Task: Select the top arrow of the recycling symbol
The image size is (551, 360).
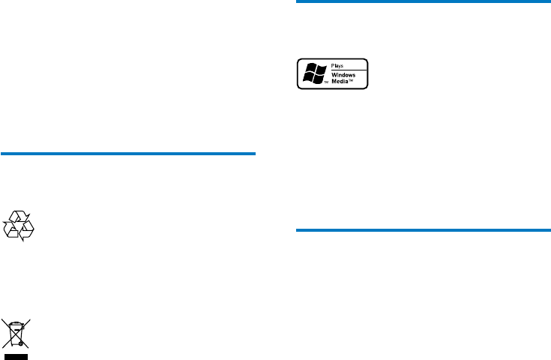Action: click(x=19, y=217)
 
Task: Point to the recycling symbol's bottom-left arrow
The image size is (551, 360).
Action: click(x=11, y=232)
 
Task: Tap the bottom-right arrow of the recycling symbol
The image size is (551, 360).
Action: click(x=27, y=232)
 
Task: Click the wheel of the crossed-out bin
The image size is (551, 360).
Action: click(x=23, y=343)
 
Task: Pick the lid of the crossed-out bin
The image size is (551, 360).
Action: click(x=17, y=324)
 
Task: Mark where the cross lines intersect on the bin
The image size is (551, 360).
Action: click(x=17, y=332)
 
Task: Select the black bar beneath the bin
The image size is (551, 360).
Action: click(x=17, y=355)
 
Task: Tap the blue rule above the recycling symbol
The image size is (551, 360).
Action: click(x=128, y=154)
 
